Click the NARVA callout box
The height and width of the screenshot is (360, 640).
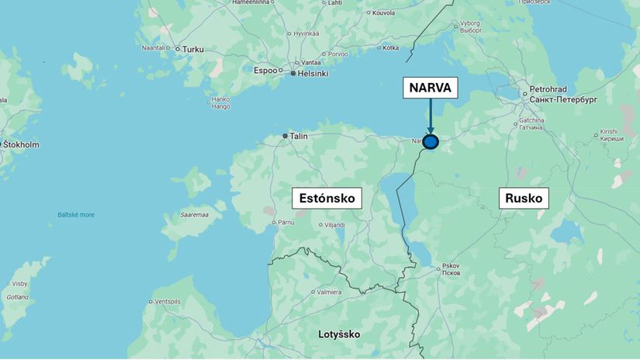pyautogui.click(x=430, y=88)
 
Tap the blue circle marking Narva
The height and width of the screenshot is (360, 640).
pyautogui.click(x=431, y=142)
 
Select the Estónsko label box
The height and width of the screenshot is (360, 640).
pyautogui.click(x=327, y=199)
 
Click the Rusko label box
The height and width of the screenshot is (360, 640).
pyautogui.click(x=524, y=198)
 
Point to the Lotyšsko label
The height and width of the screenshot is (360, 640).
pyautogui.click(x=339, y=334)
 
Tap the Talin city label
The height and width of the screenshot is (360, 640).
pyautogui.click(x=299, y=136)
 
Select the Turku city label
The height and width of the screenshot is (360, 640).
pyautogui.click(x=192, y=49)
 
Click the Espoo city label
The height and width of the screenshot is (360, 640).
pyautogui.click(x=265, y=70)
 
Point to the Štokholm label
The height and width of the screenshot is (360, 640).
pyautogui.click(x=21, y=145)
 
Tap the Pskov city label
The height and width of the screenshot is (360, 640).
pyautogui.click(x=451, y=266)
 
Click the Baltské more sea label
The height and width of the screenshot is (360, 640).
pyautogui.click(x=76, y=215)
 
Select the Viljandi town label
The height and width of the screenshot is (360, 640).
pyautogui.click(x=334, y=225)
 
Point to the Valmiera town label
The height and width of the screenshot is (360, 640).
pyautogui.click(x=330, y=292)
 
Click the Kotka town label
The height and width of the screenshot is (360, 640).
pyautogui.click(x=390, y=48)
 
